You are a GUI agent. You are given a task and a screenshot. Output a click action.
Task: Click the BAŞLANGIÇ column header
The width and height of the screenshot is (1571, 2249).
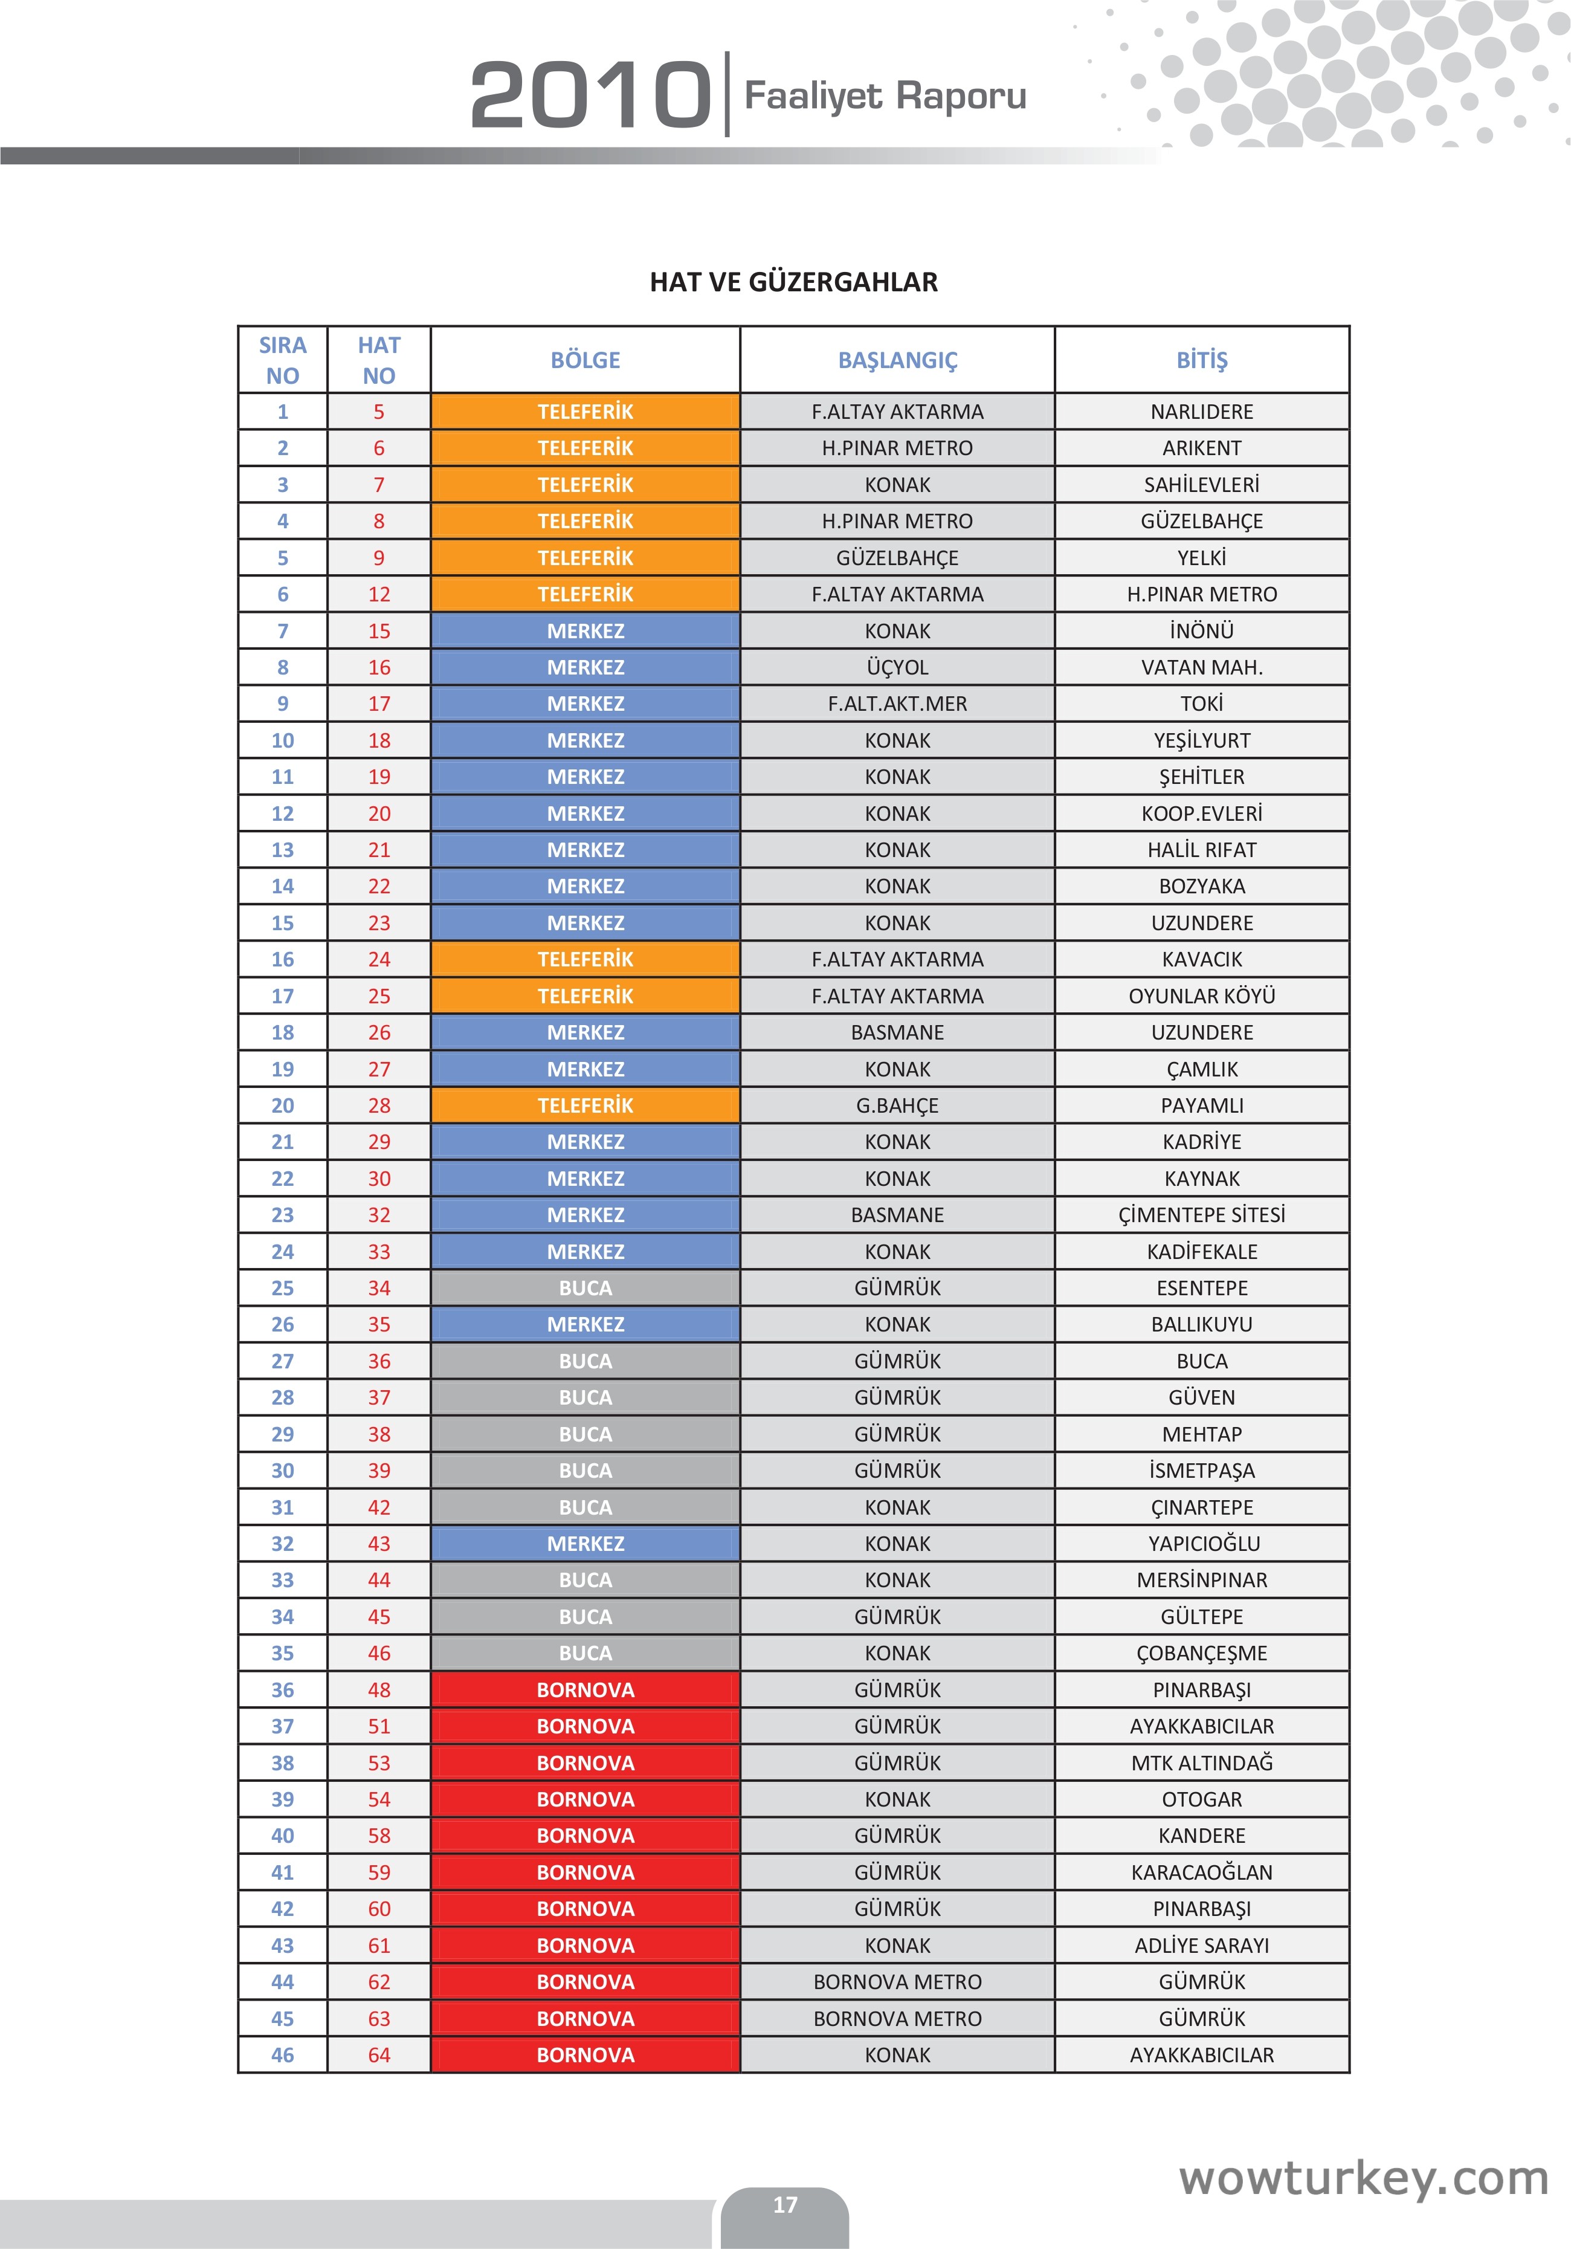tap(897, 360)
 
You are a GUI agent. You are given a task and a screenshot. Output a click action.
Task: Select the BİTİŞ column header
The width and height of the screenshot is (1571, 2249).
tap(1202, 360)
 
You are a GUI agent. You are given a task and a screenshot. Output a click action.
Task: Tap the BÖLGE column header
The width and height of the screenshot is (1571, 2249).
tap(585, 360)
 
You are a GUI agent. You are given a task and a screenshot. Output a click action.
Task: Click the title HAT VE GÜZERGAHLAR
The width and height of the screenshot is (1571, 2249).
tap(793, 282)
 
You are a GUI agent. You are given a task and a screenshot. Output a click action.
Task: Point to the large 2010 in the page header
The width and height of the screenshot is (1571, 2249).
tap(590, 95)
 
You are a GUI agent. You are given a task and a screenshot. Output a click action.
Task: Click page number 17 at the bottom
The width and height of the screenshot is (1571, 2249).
tap(784, 2204)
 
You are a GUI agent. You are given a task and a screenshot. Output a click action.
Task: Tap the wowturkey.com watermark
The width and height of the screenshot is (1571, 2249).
tap(1363, 2178)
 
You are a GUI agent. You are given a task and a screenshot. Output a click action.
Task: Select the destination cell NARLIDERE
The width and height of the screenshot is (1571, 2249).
tap(1202, 412)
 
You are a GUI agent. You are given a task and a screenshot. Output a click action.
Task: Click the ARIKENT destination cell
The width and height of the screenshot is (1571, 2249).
tap(1202, 448)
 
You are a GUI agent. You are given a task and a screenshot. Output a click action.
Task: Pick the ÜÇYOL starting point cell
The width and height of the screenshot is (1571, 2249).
tap(897, 667)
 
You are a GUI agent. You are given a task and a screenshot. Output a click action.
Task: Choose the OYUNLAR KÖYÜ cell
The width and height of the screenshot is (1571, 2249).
tap(1202, 996)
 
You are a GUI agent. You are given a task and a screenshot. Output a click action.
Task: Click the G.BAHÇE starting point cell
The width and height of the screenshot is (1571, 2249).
tap(897, 1105)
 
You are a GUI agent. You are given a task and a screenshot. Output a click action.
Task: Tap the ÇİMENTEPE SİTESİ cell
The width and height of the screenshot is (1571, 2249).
tap(1202, 1215)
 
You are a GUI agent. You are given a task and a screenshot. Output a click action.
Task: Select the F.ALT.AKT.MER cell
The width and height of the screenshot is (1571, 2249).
tap(897, 704)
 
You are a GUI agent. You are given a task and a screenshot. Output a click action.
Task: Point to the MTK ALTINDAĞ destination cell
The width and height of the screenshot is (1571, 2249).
tap(1202, 1763)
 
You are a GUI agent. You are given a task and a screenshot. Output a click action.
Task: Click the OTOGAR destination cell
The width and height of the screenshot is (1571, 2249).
tap(1202, 1799)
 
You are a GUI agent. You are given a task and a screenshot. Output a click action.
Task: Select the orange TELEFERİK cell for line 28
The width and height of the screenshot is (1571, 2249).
tap(585, 1105)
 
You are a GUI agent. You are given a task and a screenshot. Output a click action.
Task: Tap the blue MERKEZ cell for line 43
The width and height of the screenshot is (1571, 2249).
tap(585, 1544)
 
